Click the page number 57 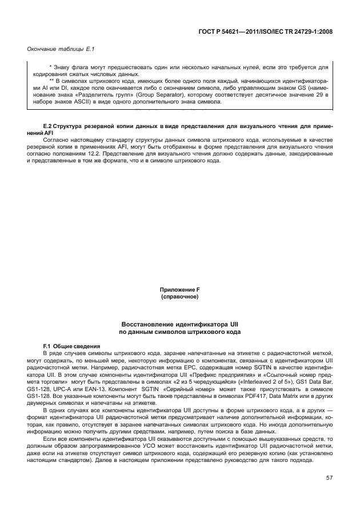[x=329, y=477]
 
